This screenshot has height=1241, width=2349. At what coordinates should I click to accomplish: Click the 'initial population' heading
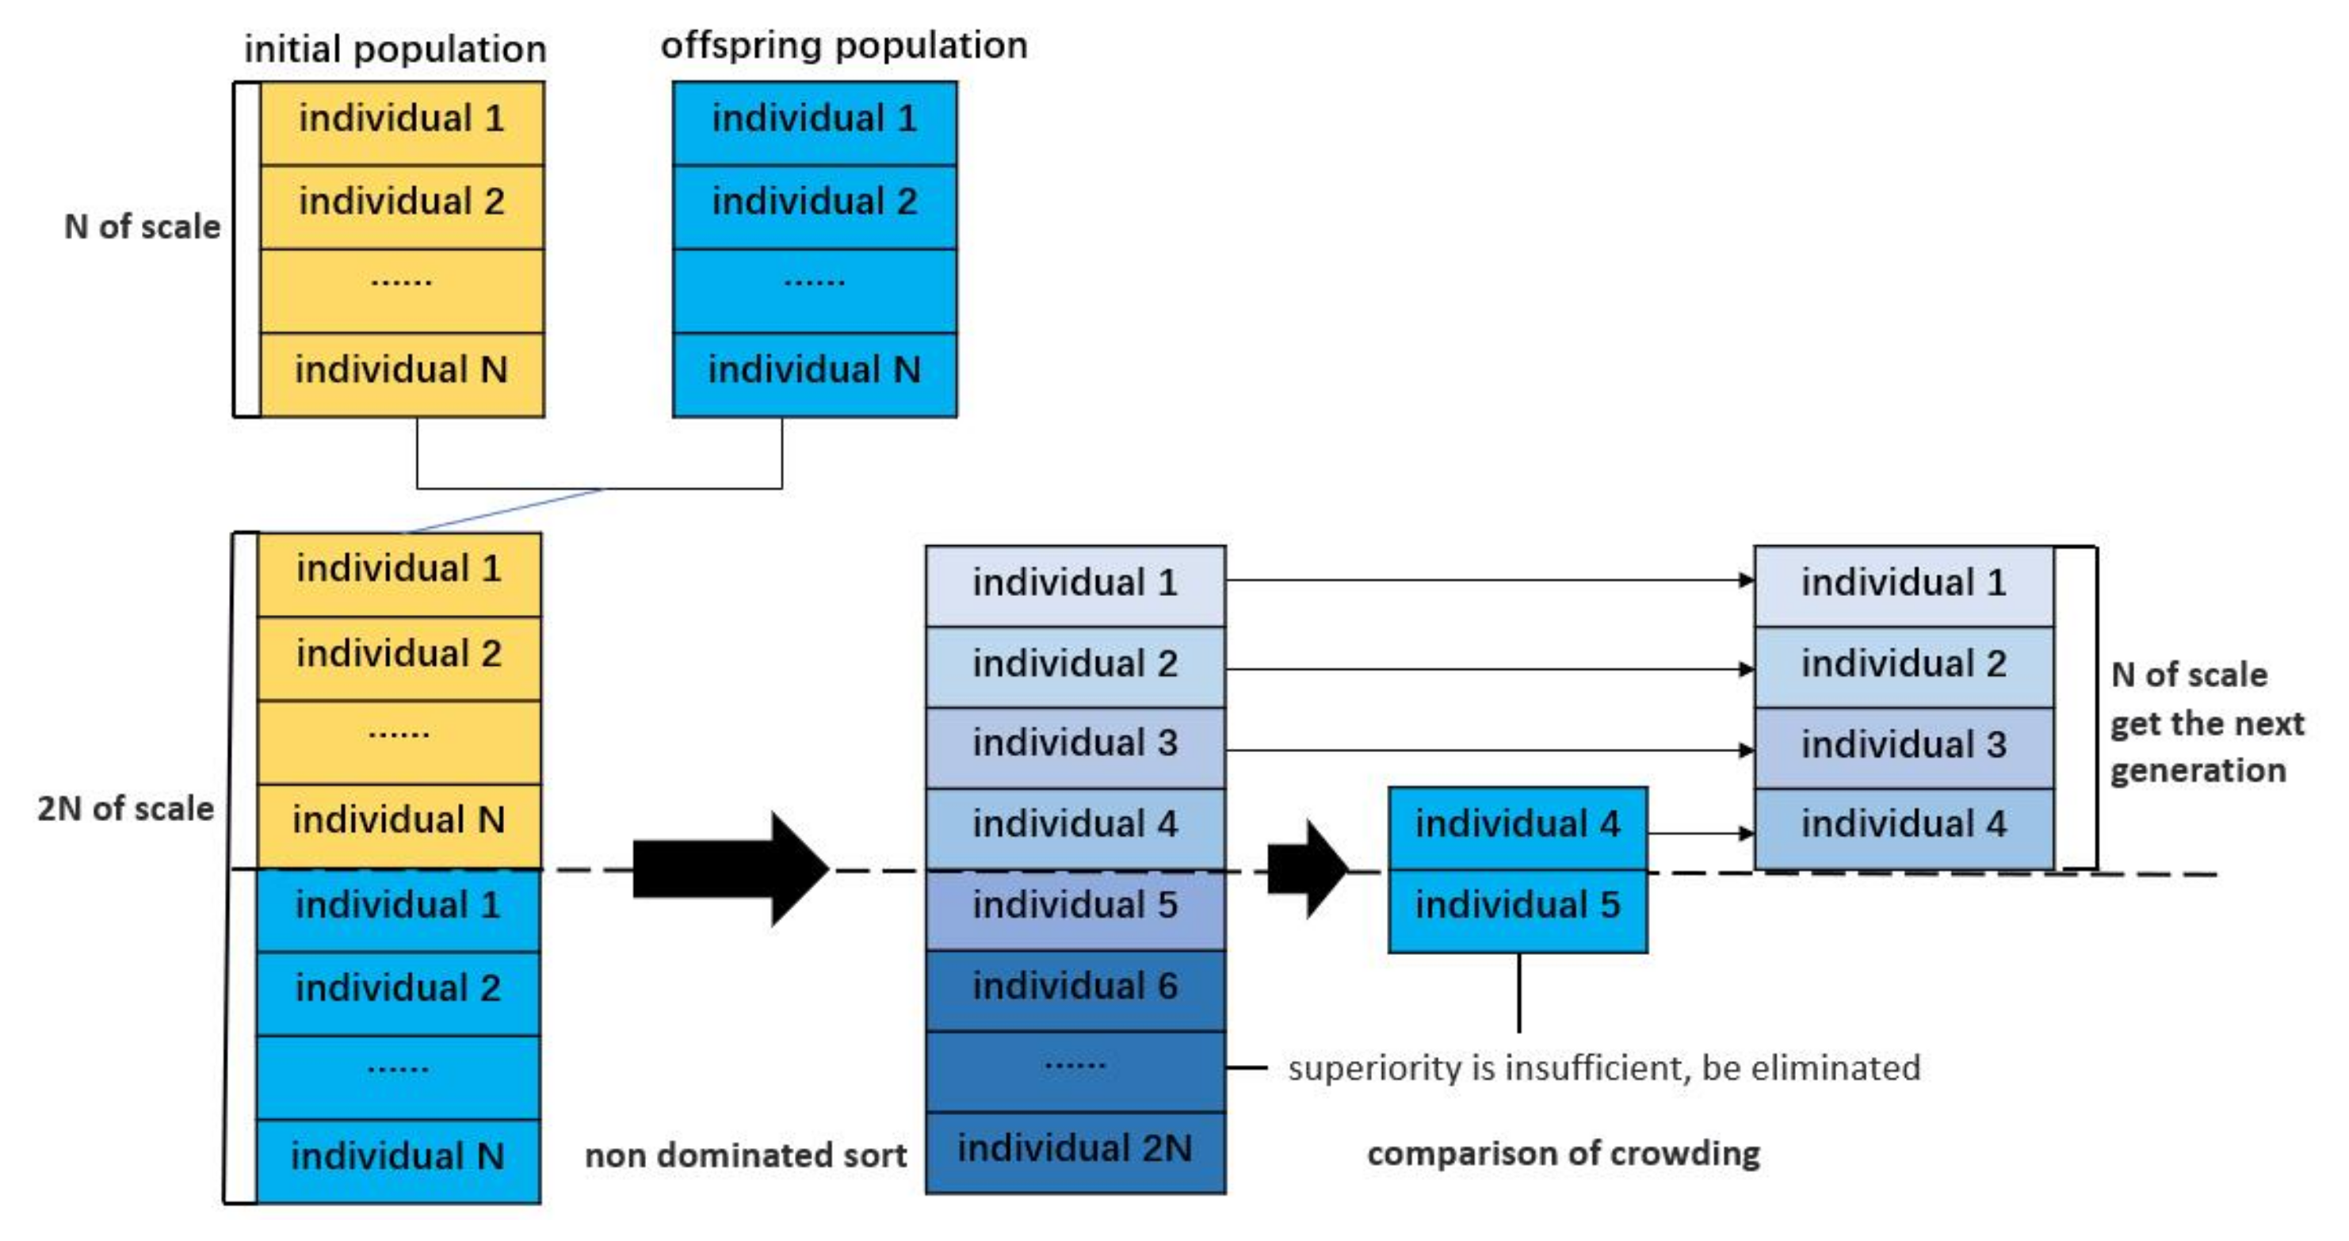(395, 48)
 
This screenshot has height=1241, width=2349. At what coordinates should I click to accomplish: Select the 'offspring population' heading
(843, 44)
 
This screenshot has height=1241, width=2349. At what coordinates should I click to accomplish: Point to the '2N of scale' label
(125, 808)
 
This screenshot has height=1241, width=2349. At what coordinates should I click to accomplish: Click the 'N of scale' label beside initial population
(142, 226)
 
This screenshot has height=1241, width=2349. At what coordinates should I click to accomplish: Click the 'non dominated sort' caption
(745, 1155)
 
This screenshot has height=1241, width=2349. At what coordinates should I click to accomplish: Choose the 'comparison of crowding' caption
(1563, 1154)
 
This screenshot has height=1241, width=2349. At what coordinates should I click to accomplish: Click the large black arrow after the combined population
(729, 868)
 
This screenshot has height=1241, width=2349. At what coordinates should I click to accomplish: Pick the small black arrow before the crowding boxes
(1307, 868)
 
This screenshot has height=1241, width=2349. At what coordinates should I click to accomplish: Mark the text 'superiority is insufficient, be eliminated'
(1604, 1067)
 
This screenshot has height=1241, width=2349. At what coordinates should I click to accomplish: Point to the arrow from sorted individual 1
(1487, 580)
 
